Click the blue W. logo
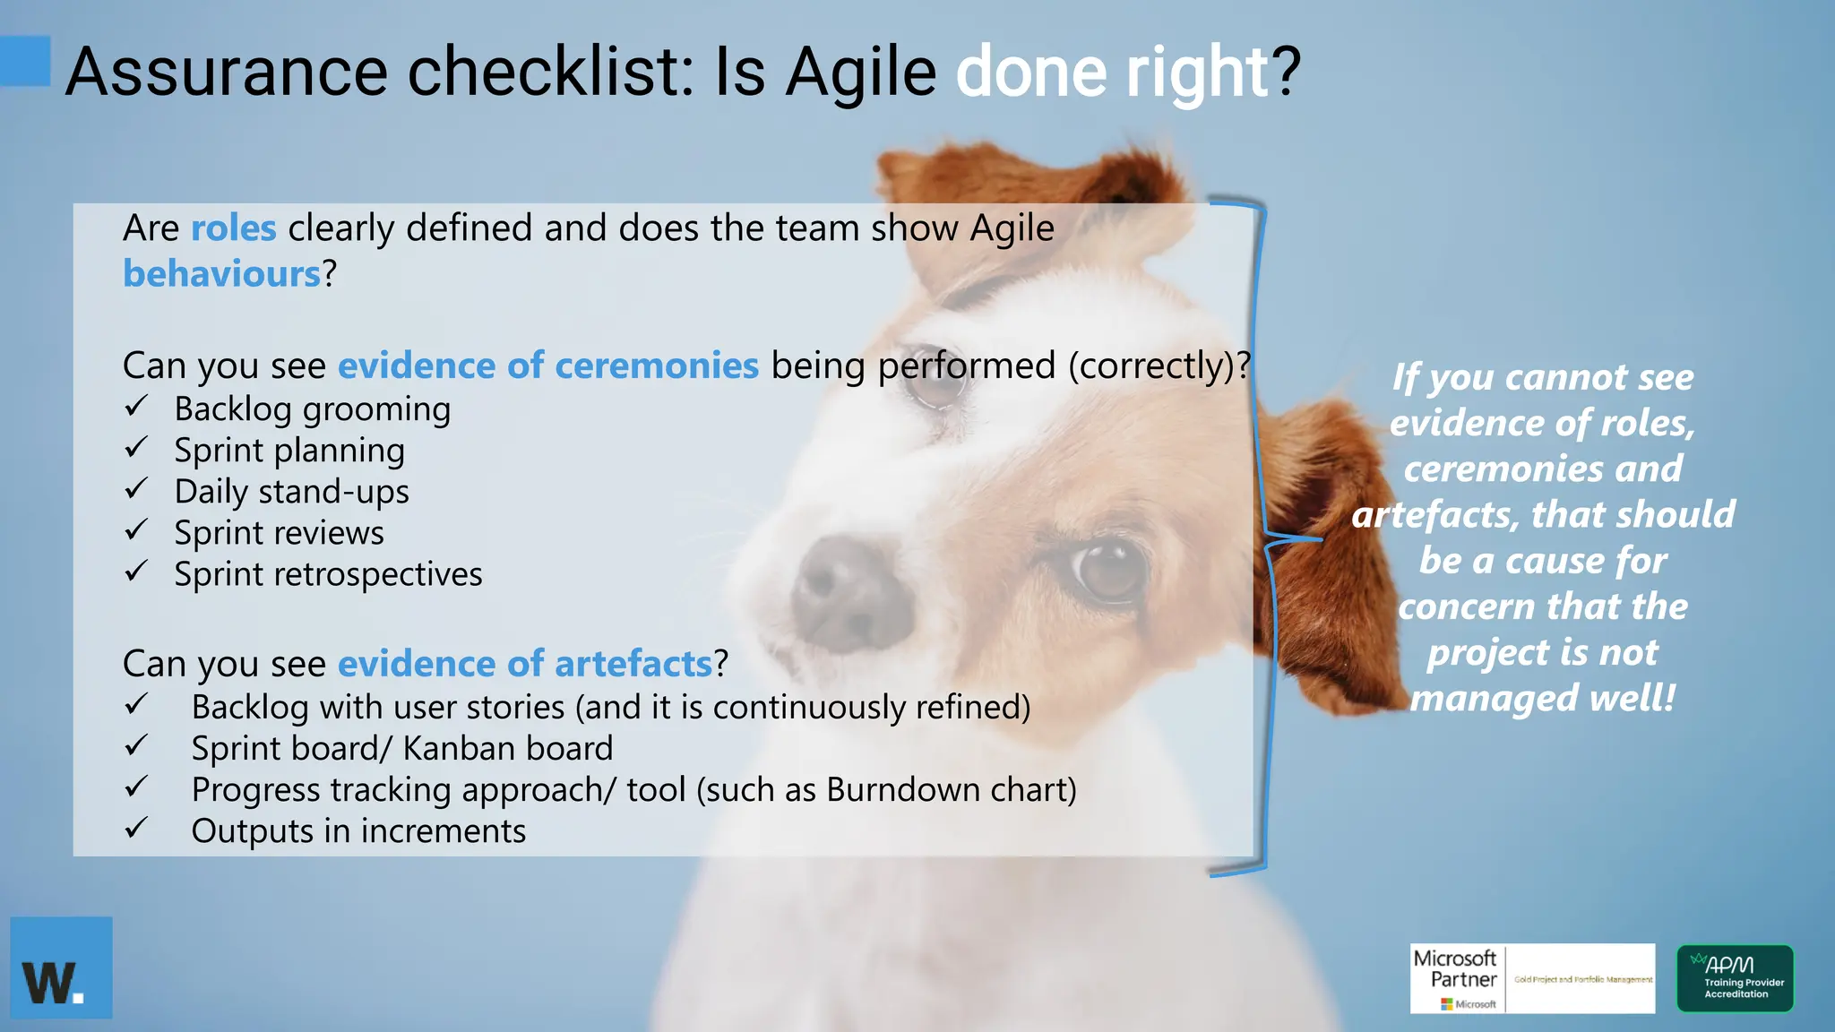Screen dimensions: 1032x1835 click(61, 967)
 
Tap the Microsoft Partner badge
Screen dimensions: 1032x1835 click(1532, 978)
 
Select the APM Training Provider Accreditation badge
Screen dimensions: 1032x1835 click(1736, 978)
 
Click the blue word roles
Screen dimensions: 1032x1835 click(233, 228)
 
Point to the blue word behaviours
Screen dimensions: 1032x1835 click(221, 274)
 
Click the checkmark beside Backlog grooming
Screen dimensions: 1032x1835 click(136, 407)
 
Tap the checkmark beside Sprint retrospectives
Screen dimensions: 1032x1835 click(136, 572)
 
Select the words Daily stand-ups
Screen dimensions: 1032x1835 click(291, 491)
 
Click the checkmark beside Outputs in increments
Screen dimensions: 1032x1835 click(136, 829)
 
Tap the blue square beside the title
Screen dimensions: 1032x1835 click(25, 61)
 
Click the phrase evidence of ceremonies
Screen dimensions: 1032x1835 click(547, 365)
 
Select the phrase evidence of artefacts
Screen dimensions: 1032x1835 click(524, 664)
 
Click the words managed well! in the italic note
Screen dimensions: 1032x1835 click(1541, 697)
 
